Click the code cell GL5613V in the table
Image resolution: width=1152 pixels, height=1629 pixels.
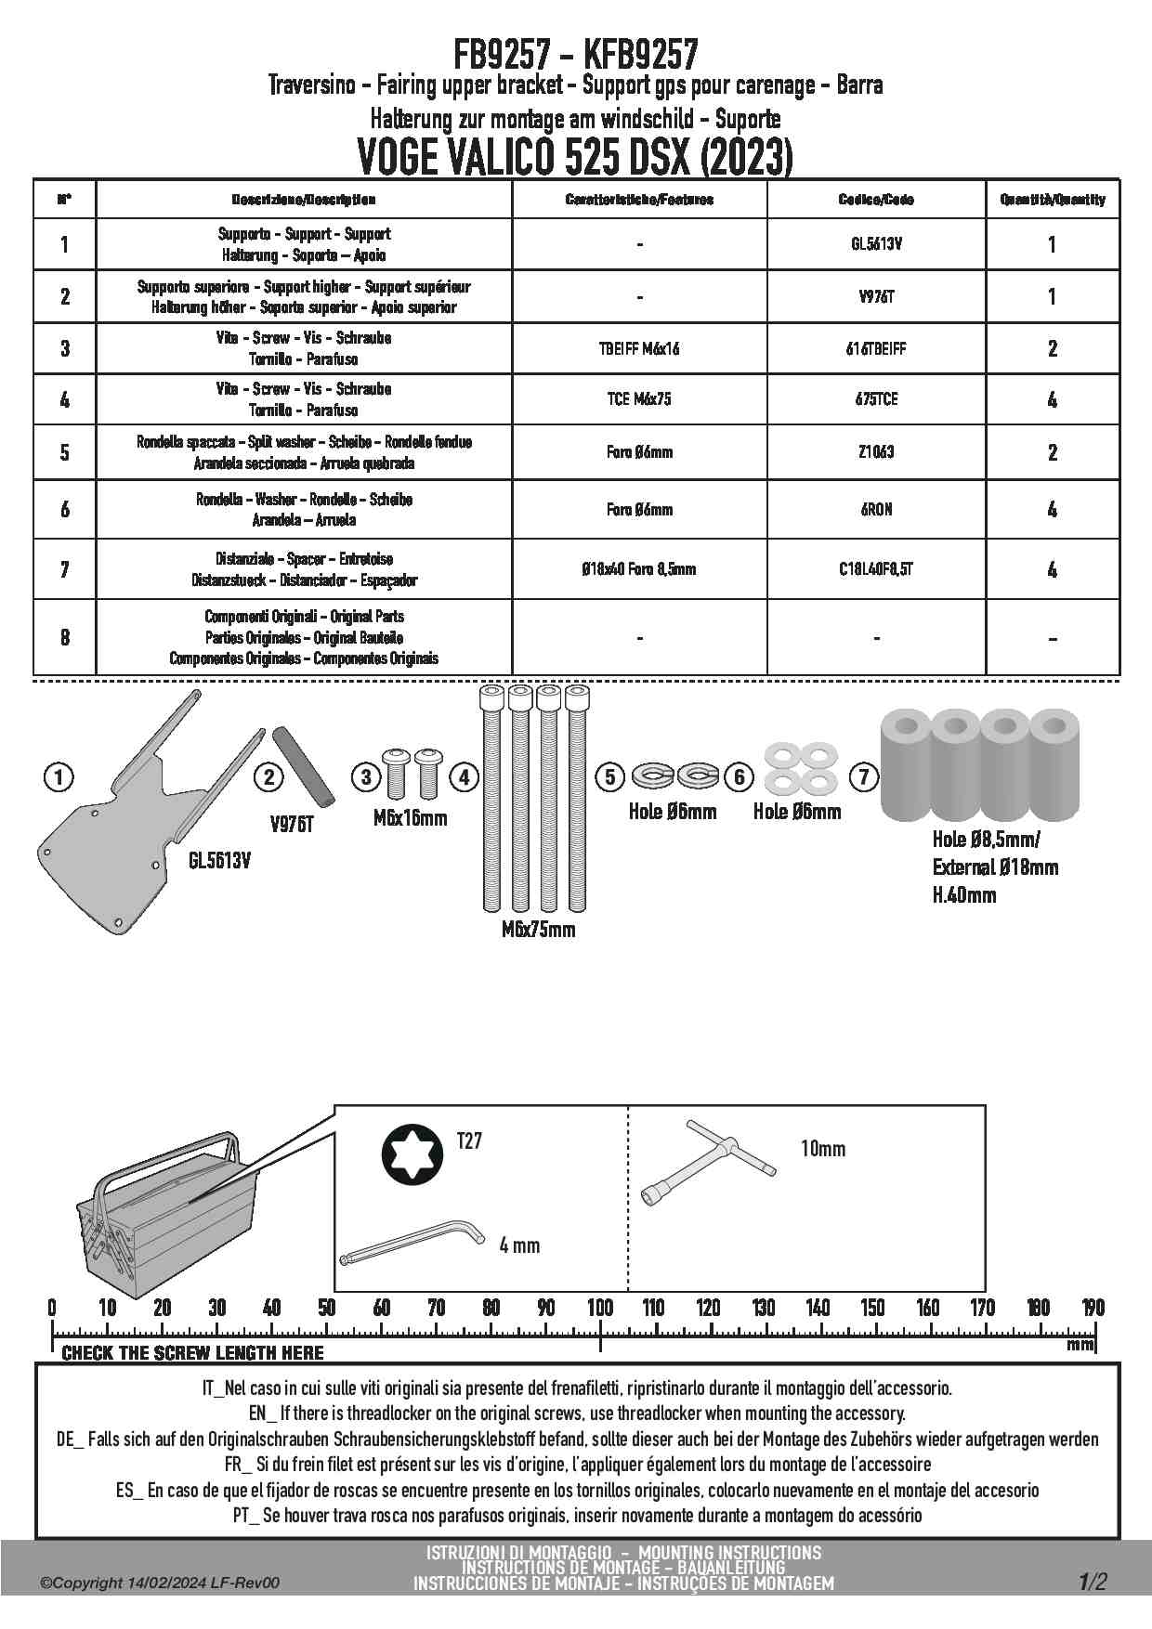pyautogui.click(x=876, y=244)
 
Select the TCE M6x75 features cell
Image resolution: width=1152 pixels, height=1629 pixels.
pyautogui.click(x=639, y=399)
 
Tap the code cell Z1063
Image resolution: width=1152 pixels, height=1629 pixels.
pyautogui.click(x=876, y=452)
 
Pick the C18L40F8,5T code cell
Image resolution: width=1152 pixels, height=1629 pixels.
pyautogui.click(x=876, y=568)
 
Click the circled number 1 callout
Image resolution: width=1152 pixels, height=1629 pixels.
pyautogui.click(x=59, y=776)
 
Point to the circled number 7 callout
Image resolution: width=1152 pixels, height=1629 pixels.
pyautogui.click(x=864, y=776)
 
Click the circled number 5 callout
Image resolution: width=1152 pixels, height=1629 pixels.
pyautogui.click(x=609, y=776)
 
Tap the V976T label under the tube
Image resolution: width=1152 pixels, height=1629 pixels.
pyautogui.click(x=292, y=823)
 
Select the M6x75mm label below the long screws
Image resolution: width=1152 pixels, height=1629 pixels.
pyautogui.click(x=538, y=929)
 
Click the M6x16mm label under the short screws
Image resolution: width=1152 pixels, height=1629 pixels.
pyautogui.click(x=410, y=818)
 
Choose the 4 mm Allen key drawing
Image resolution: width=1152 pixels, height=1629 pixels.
pyautogui.click(x=412, y=1242)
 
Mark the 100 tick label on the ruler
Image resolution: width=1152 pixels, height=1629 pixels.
pyautogui.click(x=600, y=1308)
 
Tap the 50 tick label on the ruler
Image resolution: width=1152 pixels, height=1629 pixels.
pyautogui.click(x=326, y=1308)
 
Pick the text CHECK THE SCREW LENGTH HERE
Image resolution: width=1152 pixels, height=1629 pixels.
pyautogui.click(x=192, y=1353)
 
